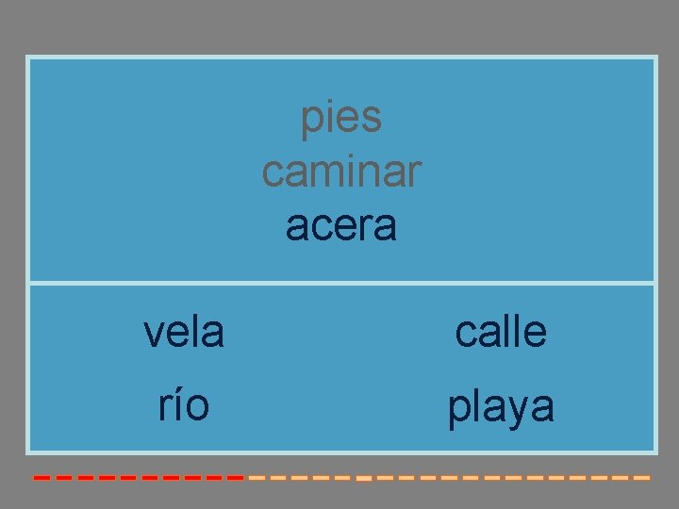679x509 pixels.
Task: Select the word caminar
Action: point(341,172)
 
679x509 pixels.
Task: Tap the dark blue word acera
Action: point(341,226)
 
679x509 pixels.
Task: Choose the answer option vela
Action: point(184,332)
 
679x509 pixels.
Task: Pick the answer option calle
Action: point(501,332)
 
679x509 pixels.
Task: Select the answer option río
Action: point(184,406)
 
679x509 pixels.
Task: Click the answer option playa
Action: point(501,408)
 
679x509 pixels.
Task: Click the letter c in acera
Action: point(322,228)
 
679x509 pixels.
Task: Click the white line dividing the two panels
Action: point(341,283)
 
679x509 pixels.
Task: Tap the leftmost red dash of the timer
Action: point(41,478)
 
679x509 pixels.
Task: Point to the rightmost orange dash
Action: point(642,478)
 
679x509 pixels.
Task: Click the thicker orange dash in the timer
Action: point(364,479)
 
